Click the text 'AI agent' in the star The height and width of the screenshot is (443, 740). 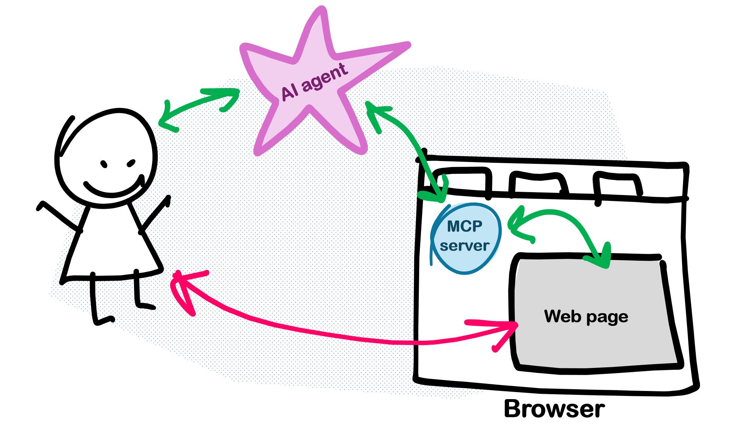click(x=314, y=82)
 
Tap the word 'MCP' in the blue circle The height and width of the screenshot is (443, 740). click(x=464, y=226)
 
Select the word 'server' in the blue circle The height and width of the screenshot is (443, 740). click(x=464, y=246)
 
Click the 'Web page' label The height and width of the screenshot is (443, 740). click(x=586, y=316)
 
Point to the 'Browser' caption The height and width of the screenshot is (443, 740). click(x=554, y=409)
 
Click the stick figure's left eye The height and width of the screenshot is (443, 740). click(x=104, y=164)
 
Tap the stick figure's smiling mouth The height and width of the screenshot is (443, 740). click(x=112, y=189)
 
